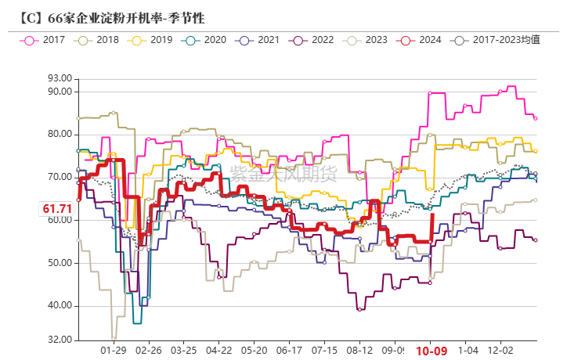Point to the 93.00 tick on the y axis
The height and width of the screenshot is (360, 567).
[60, 78]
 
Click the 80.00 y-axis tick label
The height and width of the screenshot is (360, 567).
[60, 134]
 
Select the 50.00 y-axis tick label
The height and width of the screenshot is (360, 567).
[60, 263]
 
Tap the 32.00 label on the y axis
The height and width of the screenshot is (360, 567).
[60, 340]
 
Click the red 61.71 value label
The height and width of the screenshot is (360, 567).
[57, 208]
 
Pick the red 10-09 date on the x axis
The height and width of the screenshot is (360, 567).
[432, 351]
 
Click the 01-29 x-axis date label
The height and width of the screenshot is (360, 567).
[114, 351]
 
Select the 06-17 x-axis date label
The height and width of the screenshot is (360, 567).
[291, 351]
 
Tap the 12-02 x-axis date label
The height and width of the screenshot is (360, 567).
[501, 351]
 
